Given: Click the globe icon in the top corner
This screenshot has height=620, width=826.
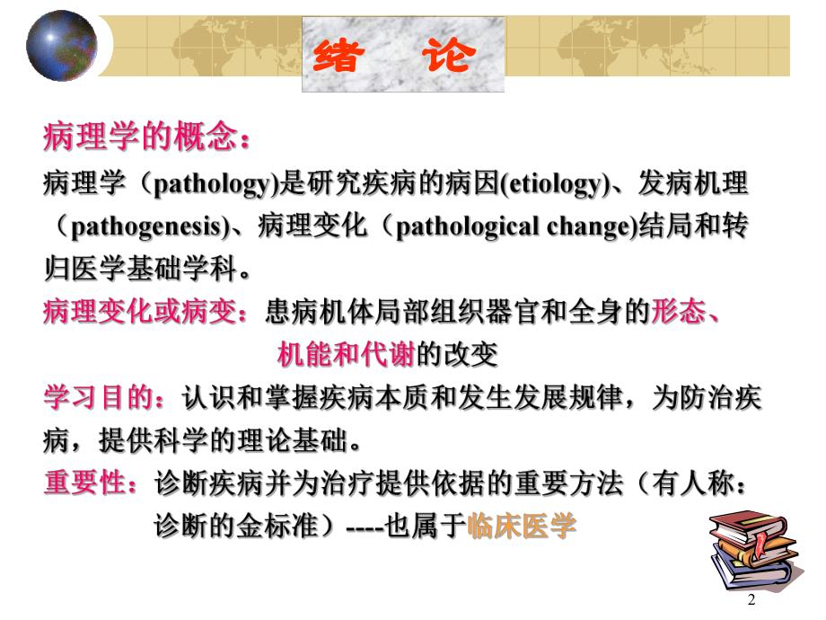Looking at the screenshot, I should pos(61,45).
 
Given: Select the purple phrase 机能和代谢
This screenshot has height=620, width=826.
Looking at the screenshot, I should pos(347,354).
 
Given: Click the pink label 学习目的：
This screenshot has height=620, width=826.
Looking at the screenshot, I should pos(107,398).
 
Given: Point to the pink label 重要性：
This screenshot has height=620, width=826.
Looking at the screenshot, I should pos(91,483).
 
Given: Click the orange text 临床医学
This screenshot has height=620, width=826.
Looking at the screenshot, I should pos(521,526).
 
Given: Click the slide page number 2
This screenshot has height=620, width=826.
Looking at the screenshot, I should pos(751,599).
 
